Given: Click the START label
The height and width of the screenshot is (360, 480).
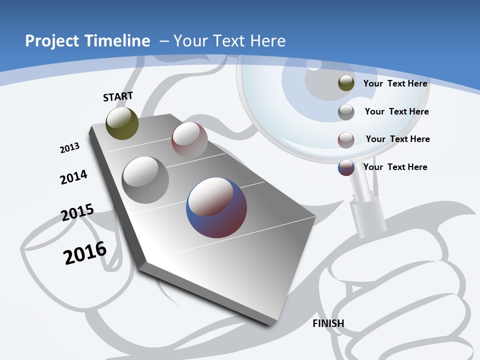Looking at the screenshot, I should pyautogui.click(x=118, y=96).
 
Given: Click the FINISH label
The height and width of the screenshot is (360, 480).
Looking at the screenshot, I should pyautogui.click(x=328, y=323).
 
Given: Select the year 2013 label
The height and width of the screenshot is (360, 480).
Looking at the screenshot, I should pyautogui.click(x=69, y=148).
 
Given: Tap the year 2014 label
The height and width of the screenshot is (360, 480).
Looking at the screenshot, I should pyautogui.click(x=73, y=177).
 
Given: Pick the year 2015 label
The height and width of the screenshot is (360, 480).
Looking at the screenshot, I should pyautogui.click(x=77, y=213).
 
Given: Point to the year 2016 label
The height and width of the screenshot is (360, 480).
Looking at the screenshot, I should pyautogui.click(x=85, y=253).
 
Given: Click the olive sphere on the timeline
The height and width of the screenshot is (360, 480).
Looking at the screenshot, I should pyautogui.click(x=122, y=123).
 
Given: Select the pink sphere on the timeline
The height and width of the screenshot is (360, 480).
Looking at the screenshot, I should pyautogui.click(x=189, y=140).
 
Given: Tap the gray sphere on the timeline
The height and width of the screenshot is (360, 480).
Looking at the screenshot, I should pyautogui.click(x=145, y=179).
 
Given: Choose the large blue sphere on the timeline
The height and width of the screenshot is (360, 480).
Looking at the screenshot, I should pyautogui.click(x=216, y=207).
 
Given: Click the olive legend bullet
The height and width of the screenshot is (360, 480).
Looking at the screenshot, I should pyautogui.click(x=346, y=83).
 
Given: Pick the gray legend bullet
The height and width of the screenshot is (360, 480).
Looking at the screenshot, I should pyautogui.click(x=346, y=112).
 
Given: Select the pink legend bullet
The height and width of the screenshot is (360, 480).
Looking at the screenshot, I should pyautogui.click(x=346, y=139).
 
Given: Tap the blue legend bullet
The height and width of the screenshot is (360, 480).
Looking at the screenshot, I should pyautogui.click(x=346, y=167).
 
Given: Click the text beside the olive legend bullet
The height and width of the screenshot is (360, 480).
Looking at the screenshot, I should pyautogui.click(x=395, y=83).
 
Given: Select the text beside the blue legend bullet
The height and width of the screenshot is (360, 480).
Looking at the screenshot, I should pyautogui.click(x=395, y=167).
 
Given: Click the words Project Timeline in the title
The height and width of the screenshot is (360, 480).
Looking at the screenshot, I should pyautogui.click(x=87, y=41).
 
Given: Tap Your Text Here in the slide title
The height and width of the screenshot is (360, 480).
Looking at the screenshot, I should pyautogui.click(x=229, y=41).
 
